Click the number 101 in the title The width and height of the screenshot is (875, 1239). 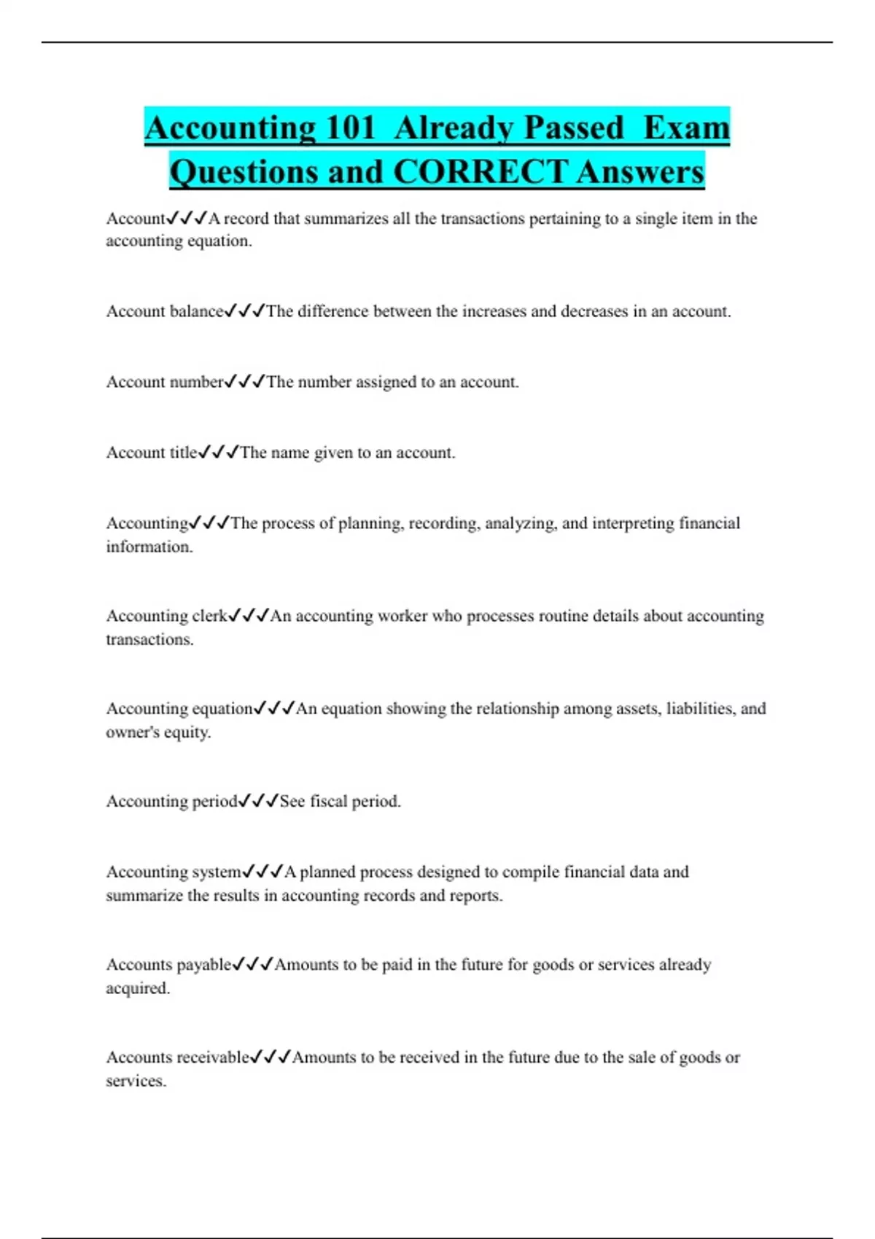tap(350, 128)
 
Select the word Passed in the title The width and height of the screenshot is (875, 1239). tap(574, 128)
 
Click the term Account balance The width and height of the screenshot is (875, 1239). tap(165, 312)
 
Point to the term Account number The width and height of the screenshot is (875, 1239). tap(165, 383)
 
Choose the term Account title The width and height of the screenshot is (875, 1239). tap(152, 453)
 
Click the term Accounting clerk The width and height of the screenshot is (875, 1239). tap(167, 617)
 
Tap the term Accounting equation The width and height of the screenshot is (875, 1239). tap(179, 709)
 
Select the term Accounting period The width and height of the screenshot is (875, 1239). tap(172, 802)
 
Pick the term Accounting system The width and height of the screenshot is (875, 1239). tap(174, 872)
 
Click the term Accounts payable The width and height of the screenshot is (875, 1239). tap(168, 965)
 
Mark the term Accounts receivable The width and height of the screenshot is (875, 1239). tap(177, 1058)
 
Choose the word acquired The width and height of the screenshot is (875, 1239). tap(136, 989)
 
